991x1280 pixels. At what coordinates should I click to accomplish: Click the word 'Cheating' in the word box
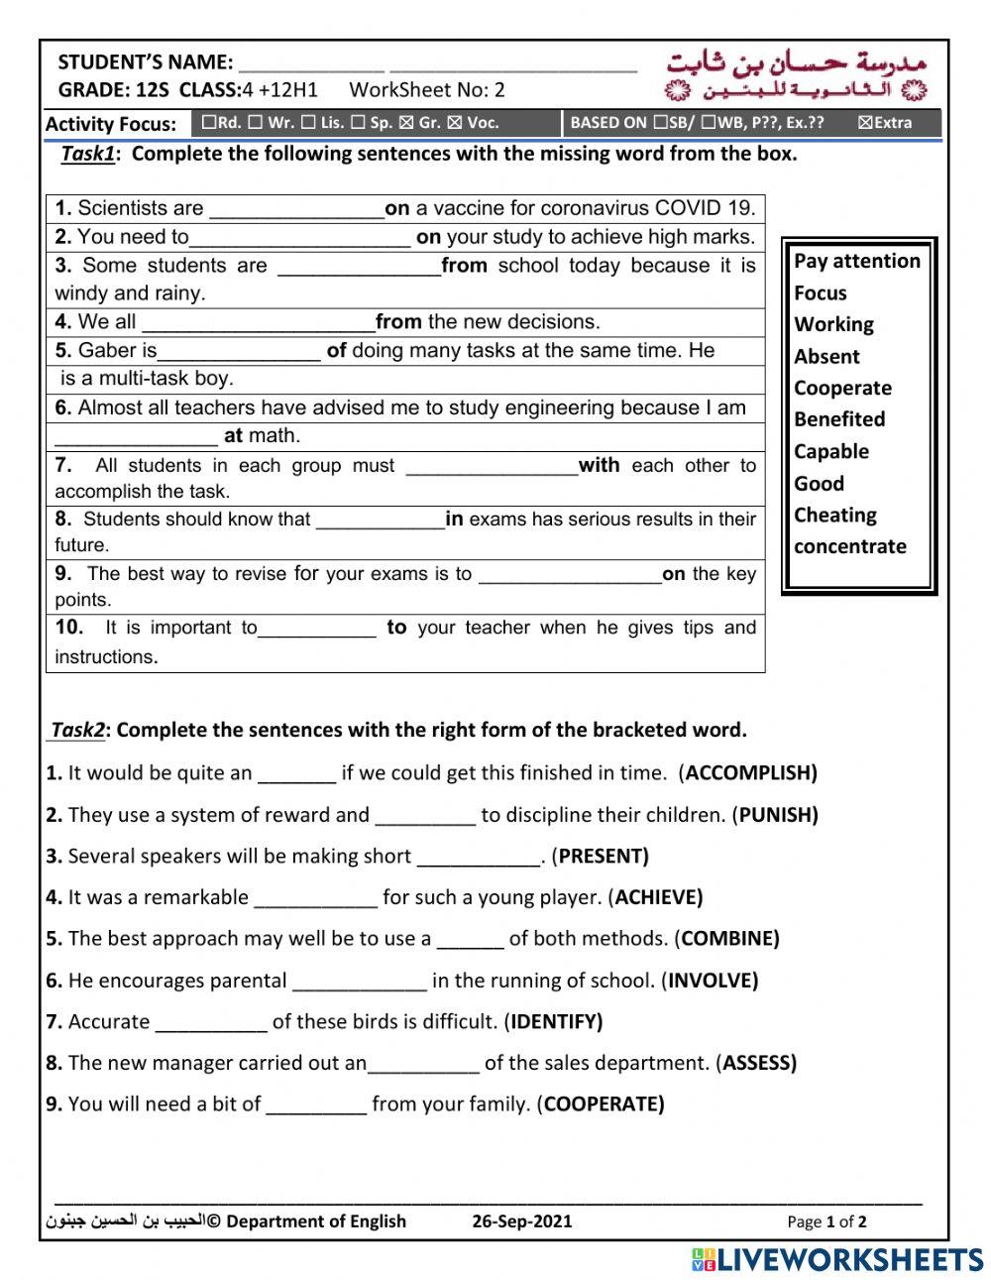point(834,515)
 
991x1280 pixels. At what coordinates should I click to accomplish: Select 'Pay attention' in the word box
point(856,261)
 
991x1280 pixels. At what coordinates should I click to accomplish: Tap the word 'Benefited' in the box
point(838,419)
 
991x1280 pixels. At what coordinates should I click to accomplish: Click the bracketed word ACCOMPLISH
point(750,773)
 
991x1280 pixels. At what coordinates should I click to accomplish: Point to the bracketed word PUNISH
point(778,815)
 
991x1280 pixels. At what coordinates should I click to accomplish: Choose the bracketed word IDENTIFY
point(556,1021)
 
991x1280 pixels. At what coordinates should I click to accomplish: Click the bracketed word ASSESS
point(759,1063)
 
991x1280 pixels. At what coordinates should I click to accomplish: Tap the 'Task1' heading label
point(88,154)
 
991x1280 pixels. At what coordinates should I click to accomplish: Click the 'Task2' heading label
point(77,731)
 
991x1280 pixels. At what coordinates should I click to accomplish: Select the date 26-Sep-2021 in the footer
point(522,1222)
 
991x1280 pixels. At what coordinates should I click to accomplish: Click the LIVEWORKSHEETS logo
point(837,1259)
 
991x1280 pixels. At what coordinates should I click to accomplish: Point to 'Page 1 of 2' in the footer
point(826,1222)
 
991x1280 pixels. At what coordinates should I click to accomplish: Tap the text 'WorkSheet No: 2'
point(426,90)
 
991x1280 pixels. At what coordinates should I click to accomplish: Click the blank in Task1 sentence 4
point(259,322)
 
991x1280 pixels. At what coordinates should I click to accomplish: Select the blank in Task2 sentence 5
point(470,939)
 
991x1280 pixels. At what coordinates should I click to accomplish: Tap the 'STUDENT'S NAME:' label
point(146,62)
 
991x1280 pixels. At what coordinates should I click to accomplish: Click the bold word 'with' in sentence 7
point(599,465)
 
